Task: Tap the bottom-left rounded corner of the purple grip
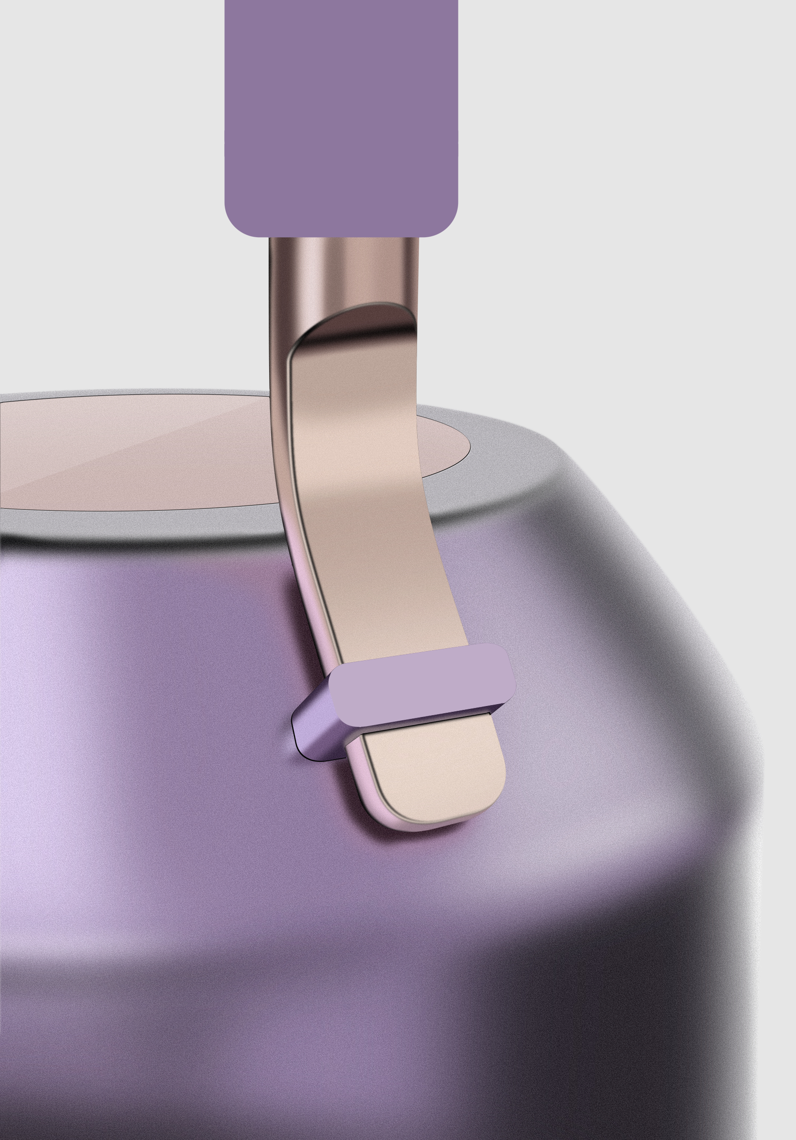(x=236, y=226)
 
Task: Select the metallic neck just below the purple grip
(x=343, y=268)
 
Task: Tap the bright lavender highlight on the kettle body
(x=30, y=695)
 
